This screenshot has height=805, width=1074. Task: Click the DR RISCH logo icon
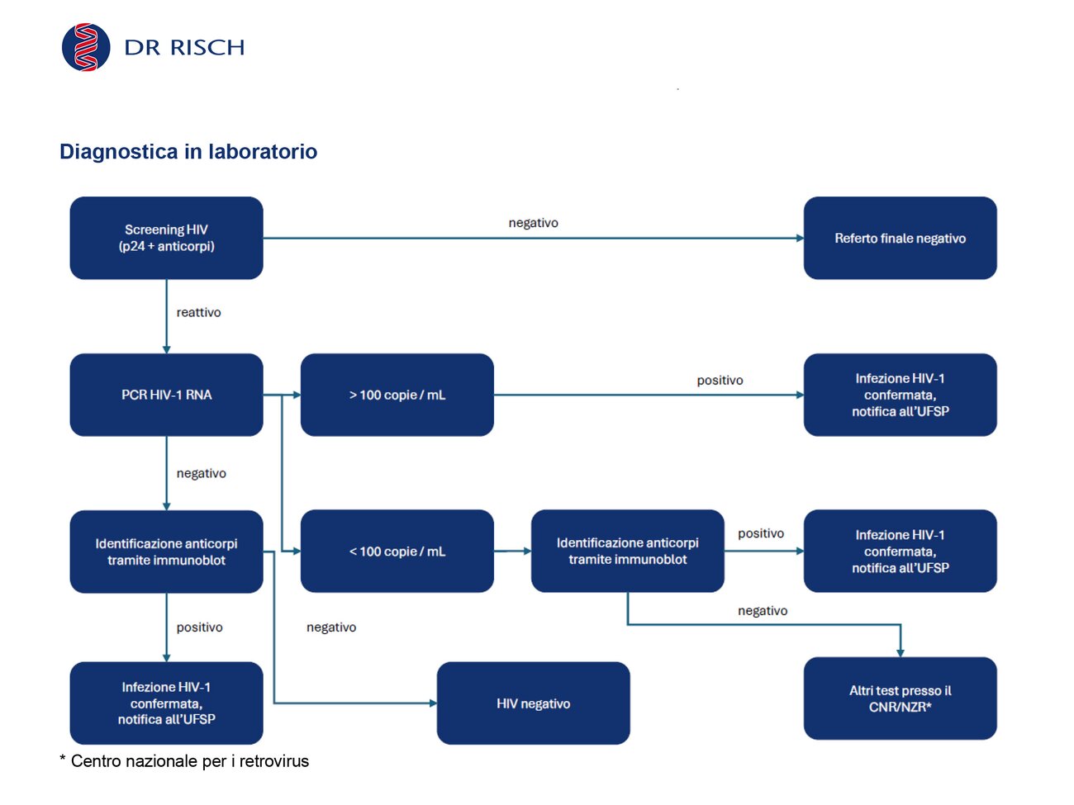pos(86,47)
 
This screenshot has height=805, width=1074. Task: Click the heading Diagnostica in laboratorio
pos(188,152)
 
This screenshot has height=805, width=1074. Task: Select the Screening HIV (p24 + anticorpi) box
pos(166,238)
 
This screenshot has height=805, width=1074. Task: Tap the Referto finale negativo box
pos(900,238)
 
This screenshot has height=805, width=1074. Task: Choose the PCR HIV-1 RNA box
pos(166,395)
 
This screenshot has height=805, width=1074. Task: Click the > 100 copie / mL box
pos(397,395)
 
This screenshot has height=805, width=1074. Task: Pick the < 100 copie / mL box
pos(397,551)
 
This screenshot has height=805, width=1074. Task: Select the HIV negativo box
pos(534,703)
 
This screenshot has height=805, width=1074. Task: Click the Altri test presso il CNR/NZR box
pos(900,698)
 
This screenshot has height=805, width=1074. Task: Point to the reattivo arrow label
pos(198,312)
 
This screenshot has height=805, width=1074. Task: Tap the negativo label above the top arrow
pos(534,223)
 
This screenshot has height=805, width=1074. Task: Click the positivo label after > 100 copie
pos(720,381)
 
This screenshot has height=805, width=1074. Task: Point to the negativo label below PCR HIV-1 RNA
pos(201,473)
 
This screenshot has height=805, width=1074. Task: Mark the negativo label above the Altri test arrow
pos(763,610)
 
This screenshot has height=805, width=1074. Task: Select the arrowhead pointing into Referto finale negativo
pos(800,238)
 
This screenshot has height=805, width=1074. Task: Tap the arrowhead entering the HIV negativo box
pos(433,703)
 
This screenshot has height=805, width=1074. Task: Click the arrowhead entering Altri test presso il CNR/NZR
pos(901,653)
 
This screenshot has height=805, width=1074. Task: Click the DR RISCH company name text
pos(184,47)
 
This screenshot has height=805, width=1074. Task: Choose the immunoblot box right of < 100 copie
pos(627,551)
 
